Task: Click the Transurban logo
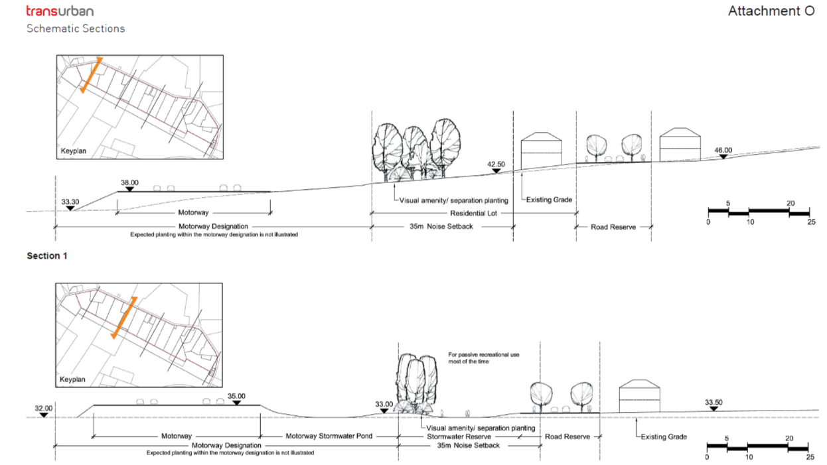pos(60,11)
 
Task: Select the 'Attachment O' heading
pos(771,11)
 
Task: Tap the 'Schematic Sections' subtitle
pos(76,29)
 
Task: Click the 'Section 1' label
pos(46,255)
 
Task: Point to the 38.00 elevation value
pos(129,182)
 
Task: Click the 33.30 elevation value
pos(70,202)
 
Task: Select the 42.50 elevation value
pos(496,164)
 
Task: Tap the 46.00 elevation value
pos(723,151)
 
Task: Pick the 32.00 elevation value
pos(43,409)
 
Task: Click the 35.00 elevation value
pos(236,396)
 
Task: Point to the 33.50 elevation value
pos(714,402)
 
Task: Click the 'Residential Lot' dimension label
pos(474,213)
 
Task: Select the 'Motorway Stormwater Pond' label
pos(329,436)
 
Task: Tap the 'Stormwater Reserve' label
pos(459,436)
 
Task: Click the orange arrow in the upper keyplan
pos(92,75)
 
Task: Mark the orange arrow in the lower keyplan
pos(123,318)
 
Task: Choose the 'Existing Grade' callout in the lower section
pos(663,436)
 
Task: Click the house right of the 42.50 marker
pos(541,148)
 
